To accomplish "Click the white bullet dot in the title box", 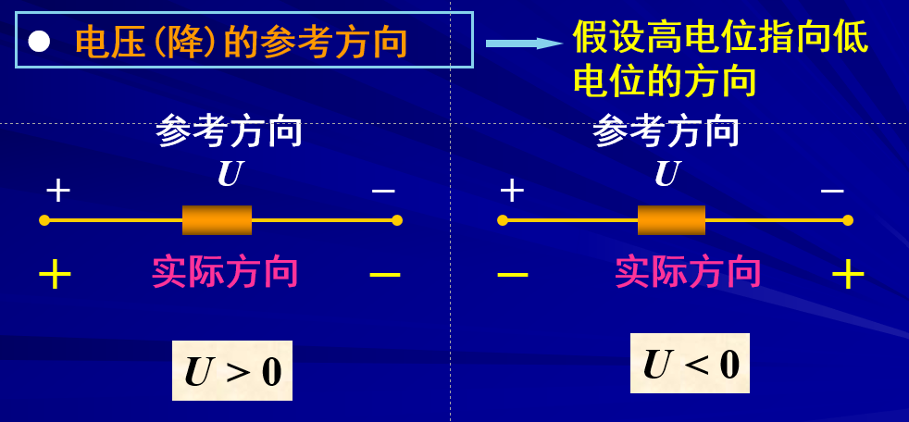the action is pos(39,42).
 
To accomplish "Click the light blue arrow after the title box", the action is pos(524,43).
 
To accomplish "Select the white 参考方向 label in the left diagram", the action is pos(229,131).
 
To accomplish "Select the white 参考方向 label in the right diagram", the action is pos(666,131).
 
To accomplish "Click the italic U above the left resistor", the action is pos(230,174).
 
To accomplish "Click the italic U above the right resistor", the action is pos(666,174).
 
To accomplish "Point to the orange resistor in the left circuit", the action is pos(217,220).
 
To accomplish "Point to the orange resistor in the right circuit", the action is pos(671,220).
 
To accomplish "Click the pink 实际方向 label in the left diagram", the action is pos(225,273).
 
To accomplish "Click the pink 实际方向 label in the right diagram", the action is pos(688,273).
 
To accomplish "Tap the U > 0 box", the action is pos(232,371).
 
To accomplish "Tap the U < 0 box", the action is pos(691,364).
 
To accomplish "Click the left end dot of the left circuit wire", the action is pos(44,220).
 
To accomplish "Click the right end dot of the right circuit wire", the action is pos(847,220).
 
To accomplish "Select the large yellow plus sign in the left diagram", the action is pos(55,275).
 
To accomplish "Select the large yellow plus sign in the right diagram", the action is pos(848,274).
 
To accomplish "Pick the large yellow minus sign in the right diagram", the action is pos(512,274).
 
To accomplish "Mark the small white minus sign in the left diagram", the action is pos(383,192).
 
